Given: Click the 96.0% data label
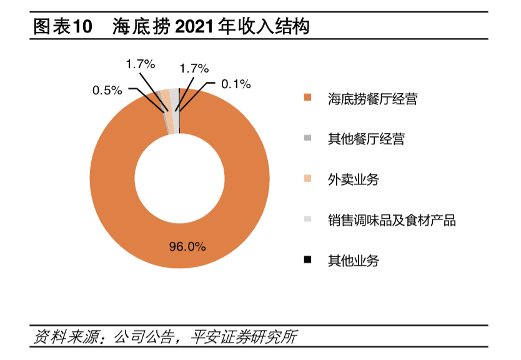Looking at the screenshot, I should (187, 246).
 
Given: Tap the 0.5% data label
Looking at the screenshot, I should (107, 91).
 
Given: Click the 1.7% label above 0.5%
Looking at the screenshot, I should (140, 64).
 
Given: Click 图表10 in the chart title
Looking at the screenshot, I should (62, 27).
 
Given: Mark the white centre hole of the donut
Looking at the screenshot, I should (179, 179).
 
